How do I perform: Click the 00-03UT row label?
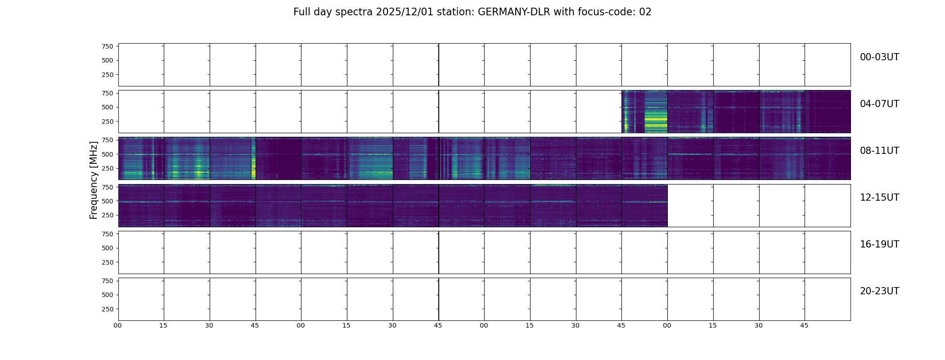(879, 57)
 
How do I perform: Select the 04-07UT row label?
(879, 104)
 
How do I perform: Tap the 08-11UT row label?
(879, 151)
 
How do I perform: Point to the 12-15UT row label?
(879, 198)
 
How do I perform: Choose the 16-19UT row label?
(879, 244)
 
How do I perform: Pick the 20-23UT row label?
(879, 291)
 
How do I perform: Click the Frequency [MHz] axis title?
(94, 180)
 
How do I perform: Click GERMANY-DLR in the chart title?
(514, 12)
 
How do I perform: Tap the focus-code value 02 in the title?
(645, 12)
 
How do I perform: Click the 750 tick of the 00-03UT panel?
(108, 46)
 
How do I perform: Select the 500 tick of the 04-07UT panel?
(108, 108)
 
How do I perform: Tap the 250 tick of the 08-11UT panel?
(108, 169)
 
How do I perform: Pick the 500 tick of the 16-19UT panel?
(108, 248)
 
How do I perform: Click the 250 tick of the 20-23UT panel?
(108, 310)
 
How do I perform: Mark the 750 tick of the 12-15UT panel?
(108, 187)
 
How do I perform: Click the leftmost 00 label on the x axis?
(118, 326)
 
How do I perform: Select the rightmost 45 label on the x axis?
(804, 326)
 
